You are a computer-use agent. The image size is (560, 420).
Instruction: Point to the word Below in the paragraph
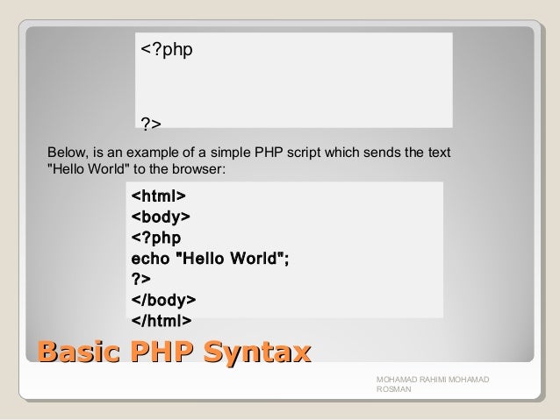coord(66,153)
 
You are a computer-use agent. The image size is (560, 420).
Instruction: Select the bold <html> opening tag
coord(158,195)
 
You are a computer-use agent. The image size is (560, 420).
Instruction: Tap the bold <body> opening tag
coord(162,216)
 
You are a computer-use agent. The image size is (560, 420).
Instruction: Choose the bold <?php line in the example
coord(156,237)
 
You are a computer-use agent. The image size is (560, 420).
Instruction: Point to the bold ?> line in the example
coord(140,279)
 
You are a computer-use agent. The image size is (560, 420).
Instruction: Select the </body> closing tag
coord(163,299)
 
